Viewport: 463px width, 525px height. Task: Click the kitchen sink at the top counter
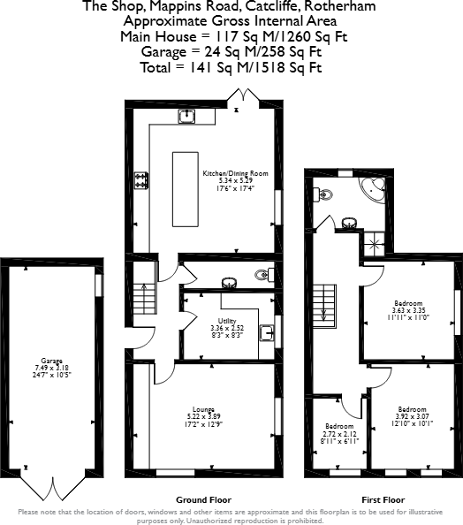coord(186,115)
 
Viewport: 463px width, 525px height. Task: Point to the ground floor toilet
coord(264,275)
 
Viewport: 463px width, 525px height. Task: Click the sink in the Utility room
coord(266,332)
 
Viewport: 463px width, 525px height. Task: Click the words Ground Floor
coord(198,498)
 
